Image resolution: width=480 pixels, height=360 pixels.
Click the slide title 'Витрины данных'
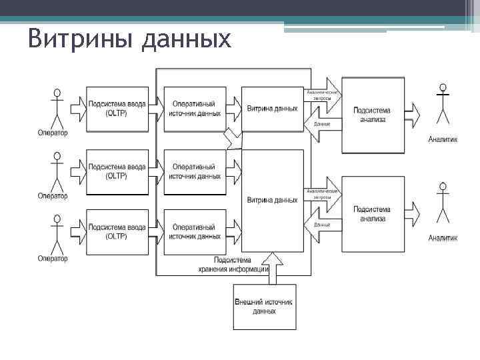tap(130, 39)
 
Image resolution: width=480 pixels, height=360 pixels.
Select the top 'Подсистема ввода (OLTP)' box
tap(117, 107)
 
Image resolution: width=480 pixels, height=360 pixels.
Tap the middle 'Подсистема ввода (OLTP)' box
tap(117, 172)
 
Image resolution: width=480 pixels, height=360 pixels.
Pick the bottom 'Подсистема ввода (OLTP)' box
tap(117, 231)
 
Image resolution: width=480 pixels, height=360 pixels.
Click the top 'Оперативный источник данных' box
tap(194, 107)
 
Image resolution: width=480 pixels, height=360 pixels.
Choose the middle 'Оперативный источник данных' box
tap(194, 172)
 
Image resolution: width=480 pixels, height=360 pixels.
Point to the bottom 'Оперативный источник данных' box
tap(194, 231)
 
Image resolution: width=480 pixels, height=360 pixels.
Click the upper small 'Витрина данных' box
tap(272, 108)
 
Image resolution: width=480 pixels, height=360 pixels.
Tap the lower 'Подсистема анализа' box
tap(373, 213)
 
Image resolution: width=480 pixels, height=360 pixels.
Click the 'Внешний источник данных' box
tap(265, 307)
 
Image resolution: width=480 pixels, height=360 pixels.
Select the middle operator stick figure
tap(57, 171)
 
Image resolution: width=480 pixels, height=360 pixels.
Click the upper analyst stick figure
tap(442, 105)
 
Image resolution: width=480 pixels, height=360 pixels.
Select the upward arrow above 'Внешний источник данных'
tap(274, 267)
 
